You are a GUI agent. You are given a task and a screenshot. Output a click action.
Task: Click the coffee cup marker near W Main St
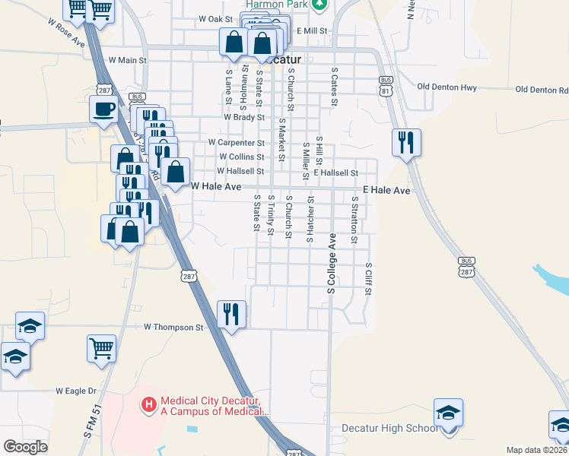tap(103, 109)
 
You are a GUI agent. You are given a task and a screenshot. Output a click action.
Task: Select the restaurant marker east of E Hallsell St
tap(406, 142)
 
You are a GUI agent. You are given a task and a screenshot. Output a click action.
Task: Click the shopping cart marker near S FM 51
tap(101, 349)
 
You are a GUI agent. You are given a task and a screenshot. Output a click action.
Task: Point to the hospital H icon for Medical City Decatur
tap(149, 404)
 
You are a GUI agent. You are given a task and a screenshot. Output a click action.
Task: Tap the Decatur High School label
tap(389, 429)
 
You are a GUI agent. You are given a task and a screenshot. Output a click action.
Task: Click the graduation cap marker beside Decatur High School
tap(449, 413)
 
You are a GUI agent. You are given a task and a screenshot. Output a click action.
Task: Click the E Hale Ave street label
tap(387, 190)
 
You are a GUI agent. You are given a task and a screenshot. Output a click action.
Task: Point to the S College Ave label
tap(332, 263)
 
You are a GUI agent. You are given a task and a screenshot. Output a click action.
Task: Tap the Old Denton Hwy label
tap(447, 88)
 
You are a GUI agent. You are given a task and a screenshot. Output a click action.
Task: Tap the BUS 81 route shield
tap(386, 84)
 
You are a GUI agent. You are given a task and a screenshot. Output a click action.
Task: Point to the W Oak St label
tap(215, 18)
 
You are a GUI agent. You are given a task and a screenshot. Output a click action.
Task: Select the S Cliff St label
tap(368, 280)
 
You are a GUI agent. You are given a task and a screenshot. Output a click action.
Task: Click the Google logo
tap(25, 447)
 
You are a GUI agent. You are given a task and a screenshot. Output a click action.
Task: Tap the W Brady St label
tap(243, 118)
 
